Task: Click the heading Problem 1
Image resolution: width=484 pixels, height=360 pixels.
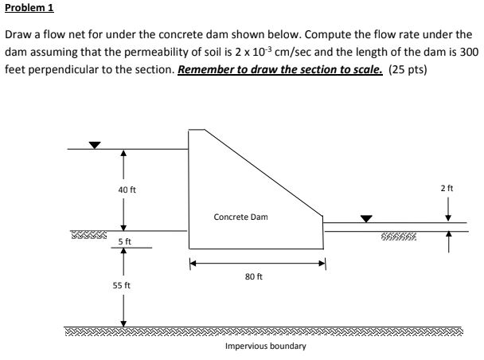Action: tap(26, 10)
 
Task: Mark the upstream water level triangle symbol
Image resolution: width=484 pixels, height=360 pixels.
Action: tap(95, 145)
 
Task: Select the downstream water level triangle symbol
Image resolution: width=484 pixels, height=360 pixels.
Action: tap(367, 217)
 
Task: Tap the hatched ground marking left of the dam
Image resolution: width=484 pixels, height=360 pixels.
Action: tap(88, 236)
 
